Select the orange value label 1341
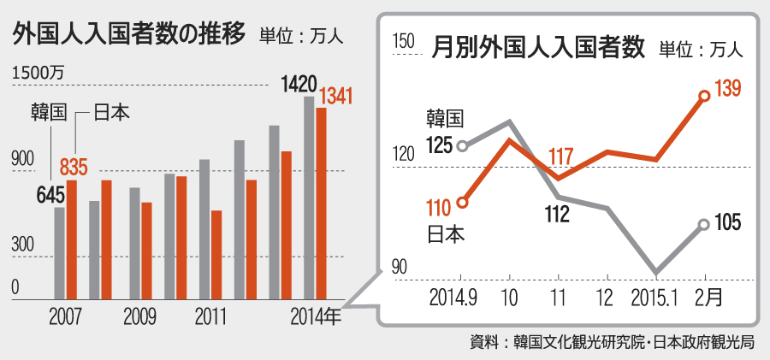tap(336, 96)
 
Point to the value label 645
tap(50, 195)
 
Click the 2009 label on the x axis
tap(139, 317)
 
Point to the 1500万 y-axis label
tap(38, 74)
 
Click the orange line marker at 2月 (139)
tap(704, 96)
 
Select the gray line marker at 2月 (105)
tap(704, 224)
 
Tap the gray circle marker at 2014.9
tap(462, 145)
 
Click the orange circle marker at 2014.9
tap(462, 203)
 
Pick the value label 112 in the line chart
tap(556, 215)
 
